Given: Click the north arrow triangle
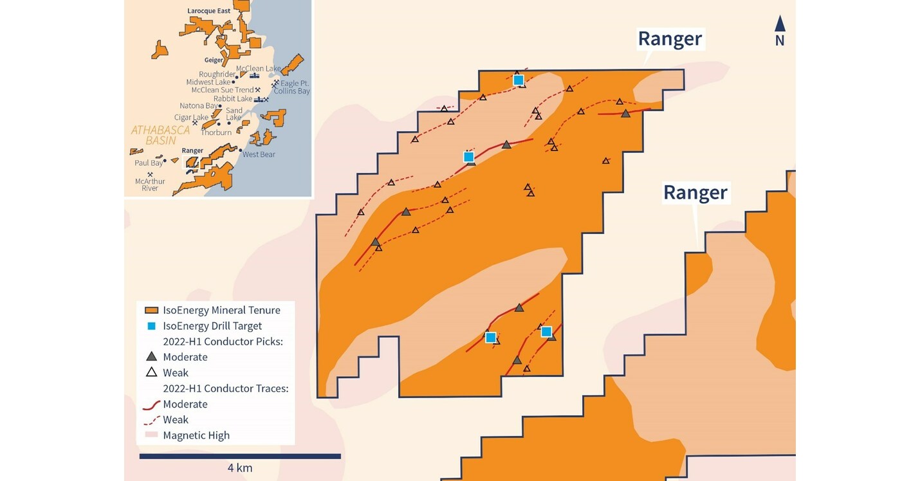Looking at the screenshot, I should click(x=780, y=24).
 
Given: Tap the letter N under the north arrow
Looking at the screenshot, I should click(x=780, y=41).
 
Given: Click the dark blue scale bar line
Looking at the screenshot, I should click(x=240, y=457).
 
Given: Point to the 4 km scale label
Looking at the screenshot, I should click(x=240, y=468).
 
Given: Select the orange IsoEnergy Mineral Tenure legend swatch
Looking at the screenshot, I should click(x=152, y=310).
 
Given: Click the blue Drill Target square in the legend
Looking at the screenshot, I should click(x=152, y=326).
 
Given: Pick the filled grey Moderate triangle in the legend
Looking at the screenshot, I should click(x=152, y=356).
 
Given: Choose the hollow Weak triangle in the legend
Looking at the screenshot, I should click(x=152, y=372).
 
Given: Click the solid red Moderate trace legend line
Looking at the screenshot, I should click(x=152, y=404).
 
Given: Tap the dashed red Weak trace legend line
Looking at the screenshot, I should click(x=152, y=420).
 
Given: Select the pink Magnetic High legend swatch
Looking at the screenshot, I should click(x=152, y=435).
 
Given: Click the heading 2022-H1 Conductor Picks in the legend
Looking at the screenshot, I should click(x=223, y=341).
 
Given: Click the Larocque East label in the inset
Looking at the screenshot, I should click(x=208, y=11).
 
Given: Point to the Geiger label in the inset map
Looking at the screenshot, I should click(x=214, y=60).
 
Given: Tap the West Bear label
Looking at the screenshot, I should click(x=259, y=154).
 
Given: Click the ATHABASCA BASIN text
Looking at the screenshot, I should click(x=161, y=135).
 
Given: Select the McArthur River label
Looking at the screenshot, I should click(x=150, y=185).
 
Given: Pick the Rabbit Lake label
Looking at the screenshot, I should click(x=233, y=99).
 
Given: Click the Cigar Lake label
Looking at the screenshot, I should click(x=192, y=118).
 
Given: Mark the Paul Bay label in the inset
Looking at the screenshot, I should click(x=149, y=163).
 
